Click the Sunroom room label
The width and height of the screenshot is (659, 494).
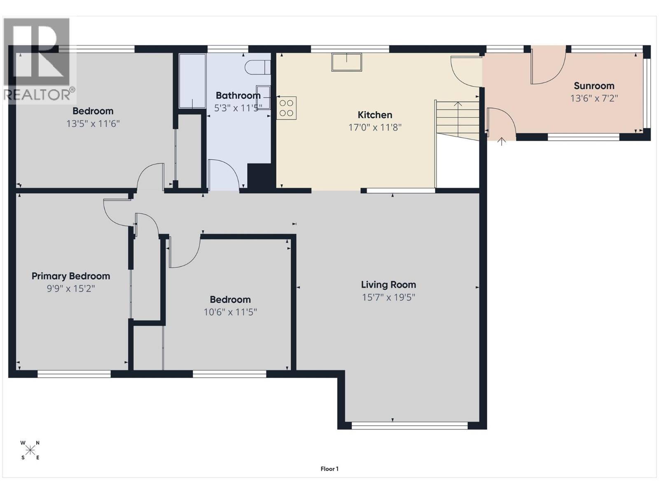pyautogui.click(x=594, y=86)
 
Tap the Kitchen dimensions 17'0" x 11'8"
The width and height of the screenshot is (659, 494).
pyautogui.click(x=375, y=127)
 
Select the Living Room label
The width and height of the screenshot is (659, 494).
pyautogui.click(x=388, y=284)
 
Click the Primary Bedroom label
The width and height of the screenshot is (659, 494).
pyautogui.click(x=71, y=276)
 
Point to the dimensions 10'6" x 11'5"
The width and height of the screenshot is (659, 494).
pyautogui.click(x=230, y=312)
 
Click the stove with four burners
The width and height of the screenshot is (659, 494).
pyautogui.click(x=286, y=108)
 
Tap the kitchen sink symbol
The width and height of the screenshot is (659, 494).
pyautogui.click(x=346, y=62)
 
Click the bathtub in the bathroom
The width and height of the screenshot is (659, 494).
pyautogui.click(x=192, y=81)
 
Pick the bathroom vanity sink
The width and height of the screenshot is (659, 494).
pyautogui.click(x=264, y=97)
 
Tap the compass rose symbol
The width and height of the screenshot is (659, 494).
pyautogui.click(x=30, y=450)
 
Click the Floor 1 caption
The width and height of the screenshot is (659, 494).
pyautogui.click(x=329, y=468)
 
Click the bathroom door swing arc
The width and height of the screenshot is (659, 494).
pyautogui.click(x=224, y=175)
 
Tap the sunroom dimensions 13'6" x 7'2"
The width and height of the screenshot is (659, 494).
pyautogui.click(x=594, y=98)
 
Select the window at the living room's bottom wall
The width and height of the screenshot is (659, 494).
pyautogui.click(x=410, y=426)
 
